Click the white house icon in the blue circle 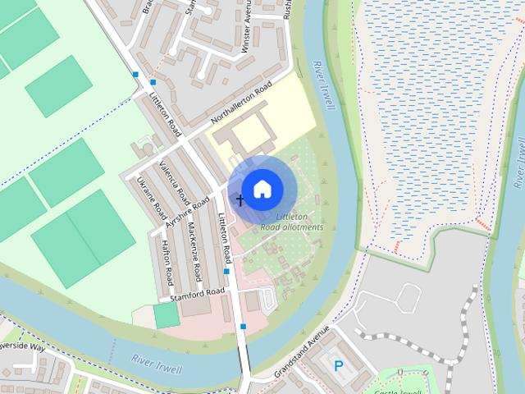262,189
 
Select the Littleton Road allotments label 292,222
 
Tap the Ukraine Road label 152,197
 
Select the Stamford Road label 197,292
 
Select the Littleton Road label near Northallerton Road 164,115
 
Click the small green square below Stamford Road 166,316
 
